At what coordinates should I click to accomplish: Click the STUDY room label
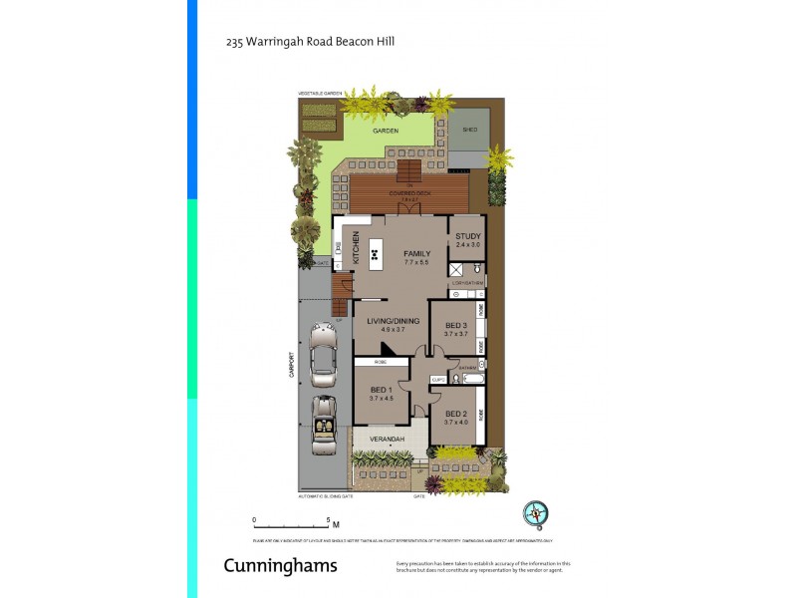[x=467, y=236]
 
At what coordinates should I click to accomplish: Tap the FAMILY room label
[x=416, y=254]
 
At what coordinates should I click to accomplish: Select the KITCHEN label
[x=356, y=247]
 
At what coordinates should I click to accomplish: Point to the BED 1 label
[x=381, y=390]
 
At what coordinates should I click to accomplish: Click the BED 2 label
[x=456, y=414]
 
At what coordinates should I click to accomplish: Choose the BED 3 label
[x=456, y=326]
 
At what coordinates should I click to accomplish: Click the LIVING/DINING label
[x=393, y=321]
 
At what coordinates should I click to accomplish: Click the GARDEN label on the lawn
[x=386, y=131]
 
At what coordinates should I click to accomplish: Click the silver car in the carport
[x=324, y=353]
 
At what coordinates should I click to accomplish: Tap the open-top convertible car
[x=324, y=425]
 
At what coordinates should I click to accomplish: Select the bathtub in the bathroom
[x=470, y=380]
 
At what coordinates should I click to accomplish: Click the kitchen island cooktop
[x=376, y=254]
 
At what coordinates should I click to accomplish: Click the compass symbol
[x=536, y=513]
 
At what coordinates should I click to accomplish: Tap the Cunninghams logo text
[x=280, y=566]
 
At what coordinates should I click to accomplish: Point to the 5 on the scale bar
[x=328, y=519]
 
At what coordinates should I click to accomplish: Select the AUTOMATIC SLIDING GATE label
[x=325, y=495]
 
